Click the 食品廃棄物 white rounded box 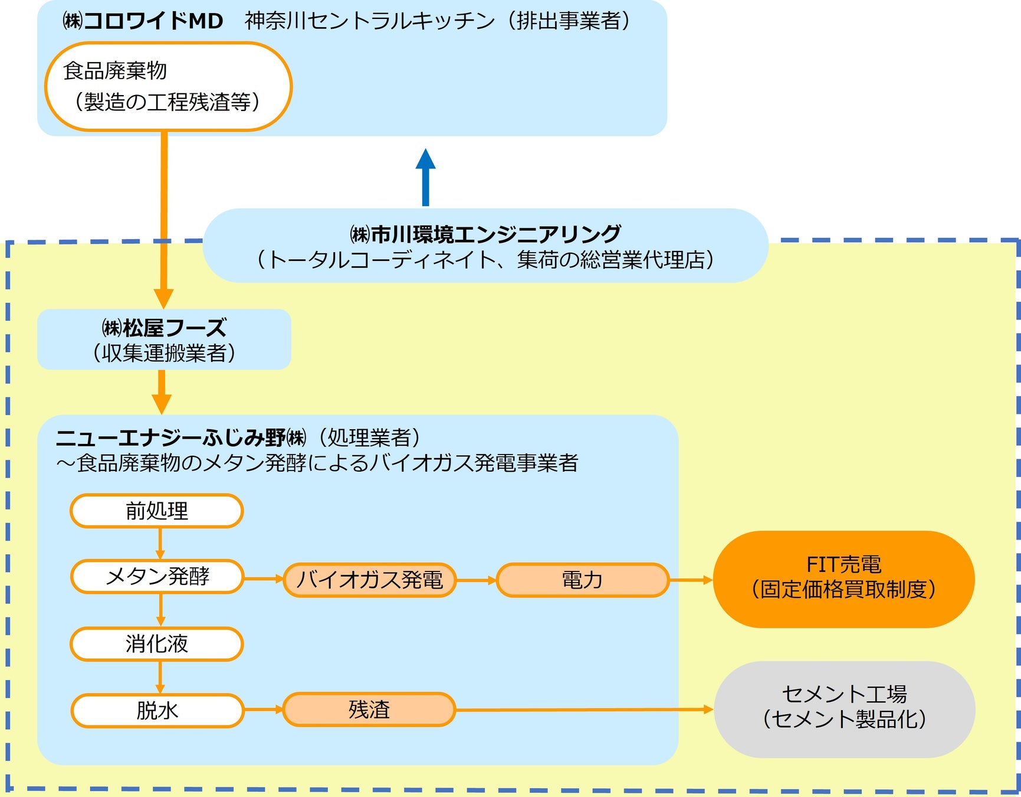pyautogui.click(x=168, y=86)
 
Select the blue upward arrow pyautogui.click(x=425, y=177)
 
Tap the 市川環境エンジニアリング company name pyautogui.click(x=485, y=234)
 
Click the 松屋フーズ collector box pyautogui.click(x=164, y=339)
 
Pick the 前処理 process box pyautogui.click(x=157, y=511)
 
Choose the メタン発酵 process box pyautogui.click(x=157, y=576)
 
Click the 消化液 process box pyautogui.click(x=157, y=644)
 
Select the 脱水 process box pyautogui.click(x=157, y=710)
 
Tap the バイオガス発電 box pyautogui.click(x=370, y=580)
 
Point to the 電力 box pyautogui.click(x=583, y=580)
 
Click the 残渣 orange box pyautogui.click(x=369, y=709)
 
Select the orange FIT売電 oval pyautogui.click(x=844, y=579)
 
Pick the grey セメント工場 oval pyautogui.click(x=845, y=709)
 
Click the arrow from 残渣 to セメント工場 pyautogui.click(x=585, y=710)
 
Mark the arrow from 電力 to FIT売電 pyautogui.click(x=691, y=580)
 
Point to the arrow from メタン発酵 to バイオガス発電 pyautogui.click(x=264, y=579)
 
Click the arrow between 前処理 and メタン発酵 pyautogui.click(x=160, y=543)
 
